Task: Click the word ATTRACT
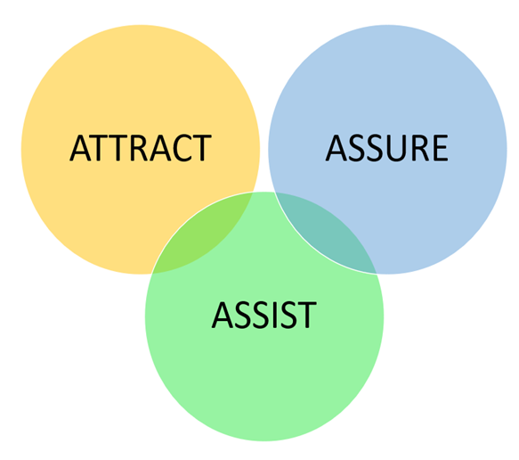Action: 141,148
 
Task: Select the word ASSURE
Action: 387,148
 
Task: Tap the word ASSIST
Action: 264,315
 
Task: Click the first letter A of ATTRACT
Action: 80,148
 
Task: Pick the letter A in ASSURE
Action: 337,148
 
